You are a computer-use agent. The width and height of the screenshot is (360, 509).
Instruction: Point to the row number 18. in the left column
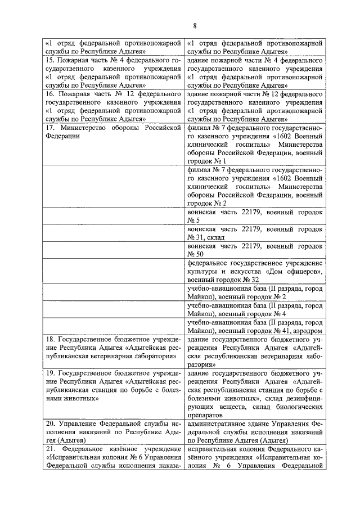click(49, 340)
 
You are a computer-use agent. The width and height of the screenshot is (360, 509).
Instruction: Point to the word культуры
click(205, 271)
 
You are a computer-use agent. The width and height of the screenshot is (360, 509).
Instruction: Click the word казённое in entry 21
click(115, 449)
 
